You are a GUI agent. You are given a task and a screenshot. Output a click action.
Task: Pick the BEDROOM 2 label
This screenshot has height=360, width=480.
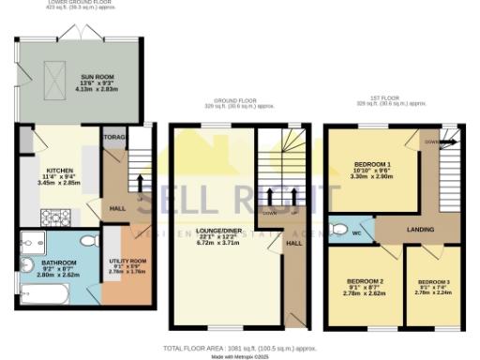(366, 282)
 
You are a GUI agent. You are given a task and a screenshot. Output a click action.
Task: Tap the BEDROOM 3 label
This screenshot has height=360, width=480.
(434, 282)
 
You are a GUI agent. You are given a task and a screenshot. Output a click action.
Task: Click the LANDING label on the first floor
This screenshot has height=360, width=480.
(419, 229)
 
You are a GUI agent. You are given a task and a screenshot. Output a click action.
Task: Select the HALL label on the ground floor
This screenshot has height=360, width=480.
(292, 243)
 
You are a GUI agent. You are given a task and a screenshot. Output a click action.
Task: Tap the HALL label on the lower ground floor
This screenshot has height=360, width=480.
(117, 208)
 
